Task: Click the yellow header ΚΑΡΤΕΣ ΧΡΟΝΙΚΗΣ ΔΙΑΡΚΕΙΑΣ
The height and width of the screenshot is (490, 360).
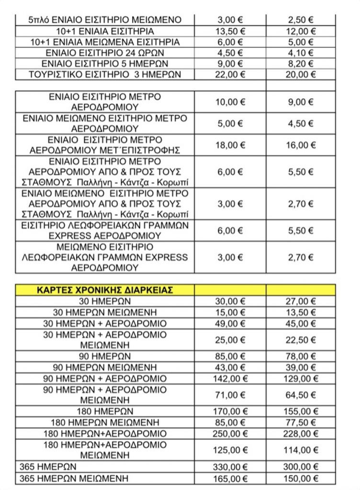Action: pyautogui.click(x=105, y=290)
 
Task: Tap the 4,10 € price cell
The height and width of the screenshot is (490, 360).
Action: pyautogui.click(x=301, y=53)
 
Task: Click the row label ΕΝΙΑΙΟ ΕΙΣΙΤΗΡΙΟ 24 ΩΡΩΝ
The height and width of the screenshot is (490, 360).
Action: pyautogui.click(x=105, y=53)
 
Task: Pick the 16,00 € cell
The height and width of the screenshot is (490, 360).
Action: pyautogui.click(x=301, y=145)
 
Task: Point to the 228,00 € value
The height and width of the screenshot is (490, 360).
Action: pyautogui.click(x=301, y=434)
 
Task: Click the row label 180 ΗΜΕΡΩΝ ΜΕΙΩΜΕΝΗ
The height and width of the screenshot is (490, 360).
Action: pyautogui.click(x=105, y=423)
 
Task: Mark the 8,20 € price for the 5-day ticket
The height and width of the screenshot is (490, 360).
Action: pyautogui.click(x=301, y=64)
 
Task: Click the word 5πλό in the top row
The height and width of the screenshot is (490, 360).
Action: pyautogui.click(x=38, y=20)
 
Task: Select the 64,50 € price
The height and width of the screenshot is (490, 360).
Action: pyautogui.click(x=301, y=395)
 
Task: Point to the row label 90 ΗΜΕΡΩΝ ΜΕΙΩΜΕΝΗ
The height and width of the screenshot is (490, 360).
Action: pyautogui.click(x=105, y=368)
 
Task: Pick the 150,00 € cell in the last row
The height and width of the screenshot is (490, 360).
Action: pyautogui.click(x=301, y=477)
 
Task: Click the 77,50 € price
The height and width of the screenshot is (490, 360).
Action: pyautogui.click(x=301, y=423)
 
